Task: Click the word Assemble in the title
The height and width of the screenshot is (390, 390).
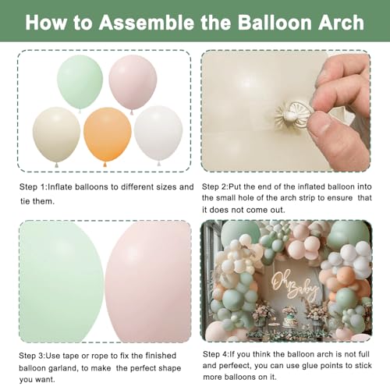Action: click(x=147, y=23)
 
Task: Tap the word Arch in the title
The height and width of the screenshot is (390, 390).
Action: click(x=341, y=23)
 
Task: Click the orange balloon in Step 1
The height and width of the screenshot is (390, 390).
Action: click(x=108, y=135)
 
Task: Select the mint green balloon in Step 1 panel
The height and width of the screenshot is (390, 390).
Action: click(x=80, y=82)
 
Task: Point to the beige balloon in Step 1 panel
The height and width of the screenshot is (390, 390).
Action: click(x=56, y=134)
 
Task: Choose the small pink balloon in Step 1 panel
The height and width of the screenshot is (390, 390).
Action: click(x=133, y=82)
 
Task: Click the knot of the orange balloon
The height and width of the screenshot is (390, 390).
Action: click(x=105, y=165)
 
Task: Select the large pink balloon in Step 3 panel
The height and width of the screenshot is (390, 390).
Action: click(x=148, y=282)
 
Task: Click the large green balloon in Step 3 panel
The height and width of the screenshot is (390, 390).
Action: click(x=62, y=282)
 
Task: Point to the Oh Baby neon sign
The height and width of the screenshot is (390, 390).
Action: click(x=294, y=287)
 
